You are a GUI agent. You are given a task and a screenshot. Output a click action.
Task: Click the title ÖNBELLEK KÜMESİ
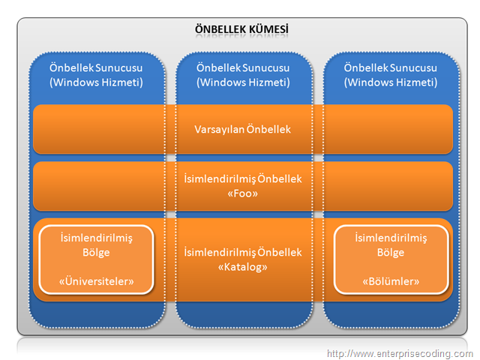241,29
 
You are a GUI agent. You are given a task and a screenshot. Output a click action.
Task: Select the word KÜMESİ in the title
268,29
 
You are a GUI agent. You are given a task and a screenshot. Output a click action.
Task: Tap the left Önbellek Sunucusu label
96,67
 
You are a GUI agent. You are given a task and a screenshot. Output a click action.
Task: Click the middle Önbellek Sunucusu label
243,67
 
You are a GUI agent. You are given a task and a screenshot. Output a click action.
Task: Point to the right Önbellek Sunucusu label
391,67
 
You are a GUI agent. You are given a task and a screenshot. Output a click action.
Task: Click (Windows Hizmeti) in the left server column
96,82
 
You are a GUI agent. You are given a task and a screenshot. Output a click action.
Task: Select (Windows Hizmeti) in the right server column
391,82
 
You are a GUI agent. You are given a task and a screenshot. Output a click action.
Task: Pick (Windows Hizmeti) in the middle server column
243,82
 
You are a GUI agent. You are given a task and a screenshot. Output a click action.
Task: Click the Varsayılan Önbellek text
243,130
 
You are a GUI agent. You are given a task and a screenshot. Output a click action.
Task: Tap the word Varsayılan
219,130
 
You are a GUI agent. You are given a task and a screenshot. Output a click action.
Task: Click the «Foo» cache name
243,193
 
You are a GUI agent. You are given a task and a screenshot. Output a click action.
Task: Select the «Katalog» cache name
243,267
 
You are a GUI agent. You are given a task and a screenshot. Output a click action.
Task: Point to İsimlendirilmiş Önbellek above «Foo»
243,178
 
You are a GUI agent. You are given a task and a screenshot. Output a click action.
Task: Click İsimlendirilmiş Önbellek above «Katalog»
243,253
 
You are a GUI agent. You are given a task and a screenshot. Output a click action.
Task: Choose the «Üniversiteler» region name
97,281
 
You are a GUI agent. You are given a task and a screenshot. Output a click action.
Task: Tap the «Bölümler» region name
391,281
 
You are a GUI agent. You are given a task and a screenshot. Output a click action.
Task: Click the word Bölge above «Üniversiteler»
96,253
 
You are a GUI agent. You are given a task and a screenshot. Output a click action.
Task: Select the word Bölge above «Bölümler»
391,253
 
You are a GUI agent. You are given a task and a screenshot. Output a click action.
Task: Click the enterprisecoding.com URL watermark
400,354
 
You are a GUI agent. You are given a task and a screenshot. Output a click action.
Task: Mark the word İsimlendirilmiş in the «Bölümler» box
391,238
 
